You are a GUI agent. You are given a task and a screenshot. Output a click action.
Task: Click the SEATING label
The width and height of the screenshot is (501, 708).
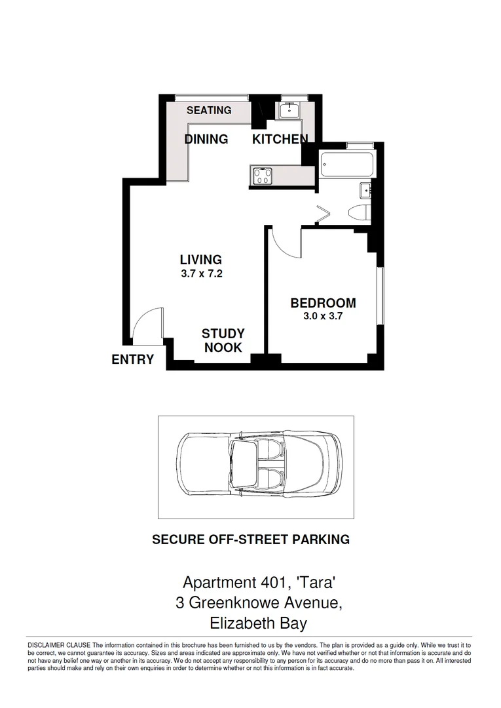(x=209, y=110)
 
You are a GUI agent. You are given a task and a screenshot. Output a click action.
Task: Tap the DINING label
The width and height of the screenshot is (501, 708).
(x=206, y=139)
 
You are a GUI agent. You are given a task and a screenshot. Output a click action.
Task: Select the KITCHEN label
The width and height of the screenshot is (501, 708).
(x=280, y=139)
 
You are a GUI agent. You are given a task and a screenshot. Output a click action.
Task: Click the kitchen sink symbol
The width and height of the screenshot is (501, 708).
(x=288, y=110)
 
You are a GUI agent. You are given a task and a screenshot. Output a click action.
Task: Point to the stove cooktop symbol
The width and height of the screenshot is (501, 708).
(x=263, y=176)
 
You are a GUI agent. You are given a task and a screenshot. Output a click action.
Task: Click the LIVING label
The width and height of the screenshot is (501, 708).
(x=201, y=260)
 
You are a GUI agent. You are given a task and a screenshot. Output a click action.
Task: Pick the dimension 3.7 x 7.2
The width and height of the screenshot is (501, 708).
(x=202, y=275)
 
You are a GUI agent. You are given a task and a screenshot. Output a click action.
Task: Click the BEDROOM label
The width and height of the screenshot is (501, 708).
(x=323, y=303)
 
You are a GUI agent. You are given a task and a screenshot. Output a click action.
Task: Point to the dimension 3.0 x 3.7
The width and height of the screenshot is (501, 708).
(x=323, y=316)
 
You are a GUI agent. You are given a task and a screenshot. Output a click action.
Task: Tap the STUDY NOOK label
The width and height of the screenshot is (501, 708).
(x=223, y=341)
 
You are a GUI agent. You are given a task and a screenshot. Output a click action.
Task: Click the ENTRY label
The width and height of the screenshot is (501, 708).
(x=133, y=359)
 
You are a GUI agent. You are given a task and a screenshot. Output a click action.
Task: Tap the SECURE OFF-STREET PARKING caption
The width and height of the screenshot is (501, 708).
(x=251, y=540)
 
